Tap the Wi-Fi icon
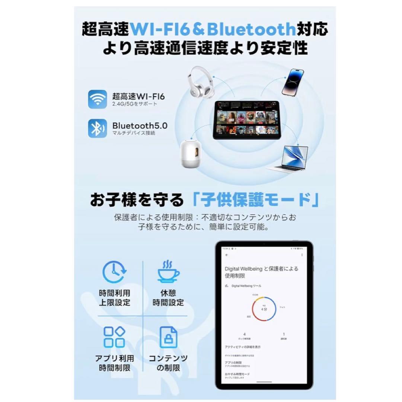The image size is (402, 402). (x=98, y=99)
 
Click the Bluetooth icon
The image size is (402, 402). (x=98, y=128)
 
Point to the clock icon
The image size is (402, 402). (x=115, y=273)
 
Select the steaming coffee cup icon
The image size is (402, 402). (x=168, y=272)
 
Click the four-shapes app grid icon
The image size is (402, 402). (x=114, y=337)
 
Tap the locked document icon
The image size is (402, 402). (x=168, y=337)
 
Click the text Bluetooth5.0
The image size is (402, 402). (x=140, y=125)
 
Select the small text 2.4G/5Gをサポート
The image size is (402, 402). (x=135, y=104)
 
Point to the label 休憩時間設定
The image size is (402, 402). (x=168, y=298)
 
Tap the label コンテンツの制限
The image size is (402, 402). (x=168, y=363)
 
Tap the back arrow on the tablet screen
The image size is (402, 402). (x=227, y=255)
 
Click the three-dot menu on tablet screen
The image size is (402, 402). (x=302, y=255)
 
